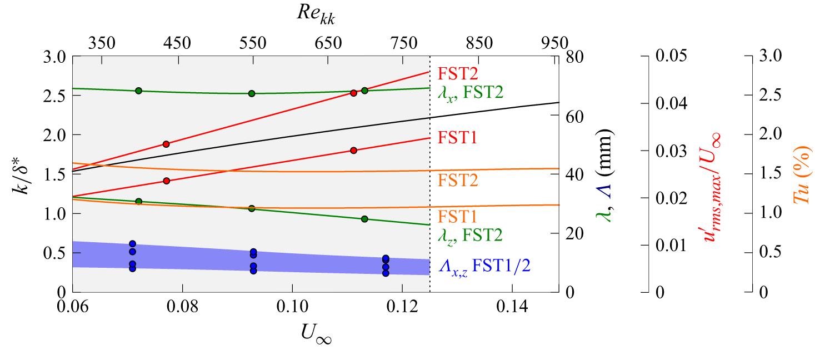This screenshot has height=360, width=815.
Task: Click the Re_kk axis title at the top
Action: (316, 14)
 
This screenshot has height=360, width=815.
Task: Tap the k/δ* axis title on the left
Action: (21, 174)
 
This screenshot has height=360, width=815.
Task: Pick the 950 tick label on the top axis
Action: (554, 43)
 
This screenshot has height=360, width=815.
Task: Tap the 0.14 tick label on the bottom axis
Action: (512, 307)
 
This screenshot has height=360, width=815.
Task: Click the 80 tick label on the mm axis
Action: (574, 57)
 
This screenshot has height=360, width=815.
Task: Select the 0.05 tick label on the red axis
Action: (671, 56)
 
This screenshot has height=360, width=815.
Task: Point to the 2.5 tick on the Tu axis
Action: (770, 94)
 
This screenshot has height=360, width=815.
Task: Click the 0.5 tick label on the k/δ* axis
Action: (54, 253)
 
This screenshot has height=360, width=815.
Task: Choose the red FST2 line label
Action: (457, 73)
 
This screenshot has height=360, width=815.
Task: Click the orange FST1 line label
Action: (457, 217)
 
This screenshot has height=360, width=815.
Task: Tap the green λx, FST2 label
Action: (471, 93)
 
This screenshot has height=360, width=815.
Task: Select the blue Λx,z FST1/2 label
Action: (484, 267)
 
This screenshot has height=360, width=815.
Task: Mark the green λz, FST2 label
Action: (470, 236)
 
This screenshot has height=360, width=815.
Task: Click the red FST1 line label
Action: (457, 138)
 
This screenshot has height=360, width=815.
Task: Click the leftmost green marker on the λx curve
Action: (139, 91)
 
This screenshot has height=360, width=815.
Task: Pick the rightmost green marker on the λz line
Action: (364, 219)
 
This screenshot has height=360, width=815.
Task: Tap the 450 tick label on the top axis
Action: (177, 43)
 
